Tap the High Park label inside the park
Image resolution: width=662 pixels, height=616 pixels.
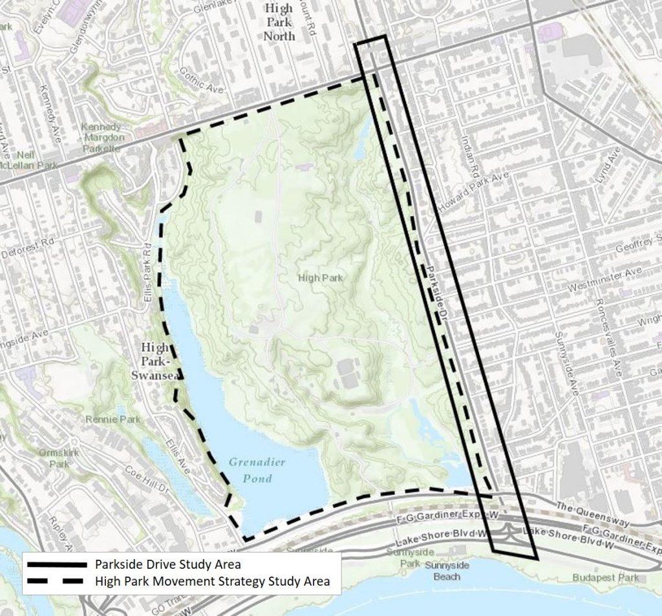click(x=320, y=278)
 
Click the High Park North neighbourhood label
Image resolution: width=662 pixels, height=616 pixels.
click(x=279, y=22)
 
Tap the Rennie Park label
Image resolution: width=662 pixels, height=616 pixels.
click(x=112, y=420)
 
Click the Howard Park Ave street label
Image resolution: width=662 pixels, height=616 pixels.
click(x=473, y=190)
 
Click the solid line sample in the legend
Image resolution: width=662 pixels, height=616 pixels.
click(x=56, y=564)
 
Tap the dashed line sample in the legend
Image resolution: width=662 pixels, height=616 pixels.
click(x=56, y=581)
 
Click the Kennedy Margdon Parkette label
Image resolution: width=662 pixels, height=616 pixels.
click(x=101, y=137)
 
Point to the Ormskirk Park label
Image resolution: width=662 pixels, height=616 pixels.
click(x=59, y=458)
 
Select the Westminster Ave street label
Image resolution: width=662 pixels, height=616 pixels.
click(x=605, y=279)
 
